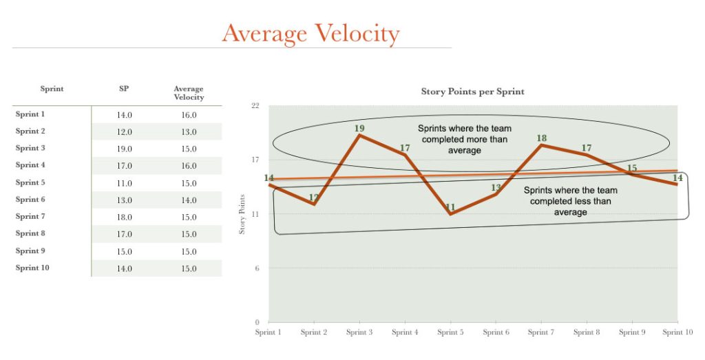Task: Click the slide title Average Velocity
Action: (x=311, y=33)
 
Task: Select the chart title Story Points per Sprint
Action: (x=472, y=92)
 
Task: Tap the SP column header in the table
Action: (x=124, y=89)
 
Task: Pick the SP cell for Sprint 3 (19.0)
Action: (x=124, y=149)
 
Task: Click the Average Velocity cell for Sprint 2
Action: (x=189, y=131)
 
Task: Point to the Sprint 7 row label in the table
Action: (x=31, y=216)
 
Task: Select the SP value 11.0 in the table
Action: (x=124, y=183)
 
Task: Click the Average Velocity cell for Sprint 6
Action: (x=189, y=200)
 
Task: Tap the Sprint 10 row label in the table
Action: (x=32, y=268)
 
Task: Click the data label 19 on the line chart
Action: (x=359, y=127)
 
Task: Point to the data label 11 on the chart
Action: (x=450, y=207)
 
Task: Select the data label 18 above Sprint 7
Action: (x=542, y=138)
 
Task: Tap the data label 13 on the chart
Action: (x=496, y=187)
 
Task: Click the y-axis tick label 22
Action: (x=255, y=106)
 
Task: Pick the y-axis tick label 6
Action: (x=257, y=268)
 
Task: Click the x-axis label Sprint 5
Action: (x=450, y=332)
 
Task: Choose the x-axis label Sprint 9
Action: (x=631, y=332)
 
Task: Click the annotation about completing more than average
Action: (x=465, y=140)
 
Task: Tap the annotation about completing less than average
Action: (x=570, y=201)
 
